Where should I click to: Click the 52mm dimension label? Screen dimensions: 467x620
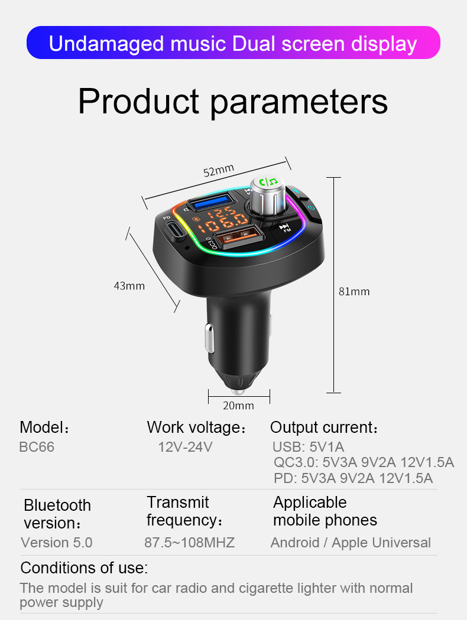coord(219,171)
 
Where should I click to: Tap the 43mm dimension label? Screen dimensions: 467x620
coord(129,286)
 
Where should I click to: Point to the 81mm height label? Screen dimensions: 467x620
coord(354,292)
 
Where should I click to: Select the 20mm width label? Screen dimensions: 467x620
coord(238,405)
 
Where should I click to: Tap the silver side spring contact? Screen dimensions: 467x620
coord(209,338)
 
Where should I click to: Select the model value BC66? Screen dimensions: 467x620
coord(37,447)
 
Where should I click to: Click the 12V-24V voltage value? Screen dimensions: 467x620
coord(185,447)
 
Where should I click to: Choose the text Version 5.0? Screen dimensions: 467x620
coord(57,543)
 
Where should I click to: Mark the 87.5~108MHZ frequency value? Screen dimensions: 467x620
coord(190,543)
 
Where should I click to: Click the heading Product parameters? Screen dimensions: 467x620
coord(233,102)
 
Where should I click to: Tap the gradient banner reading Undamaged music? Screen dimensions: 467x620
coord(233,43)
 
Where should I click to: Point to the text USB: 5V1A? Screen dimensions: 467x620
coord(309,447)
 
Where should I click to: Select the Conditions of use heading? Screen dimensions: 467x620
coord(84,568)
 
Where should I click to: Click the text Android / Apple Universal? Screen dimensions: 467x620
coord(351,543)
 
